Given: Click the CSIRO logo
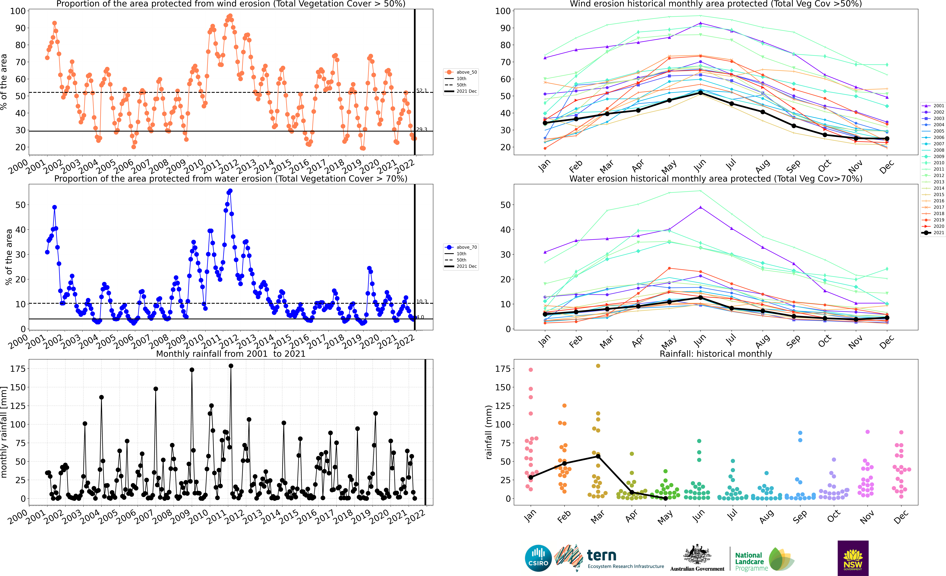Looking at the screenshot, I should (538, 558).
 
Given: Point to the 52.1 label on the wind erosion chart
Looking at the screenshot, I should (422, 91).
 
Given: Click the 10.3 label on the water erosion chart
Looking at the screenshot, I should (422, 301).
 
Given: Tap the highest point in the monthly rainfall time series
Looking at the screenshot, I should (231, 366).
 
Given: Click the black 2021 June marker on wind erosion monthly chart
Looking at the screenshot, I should (700, 93).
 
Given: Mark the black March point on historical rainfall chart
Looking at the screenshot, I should (598, 456).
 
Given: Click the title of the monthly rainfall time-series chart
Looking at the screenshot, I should (231, 354).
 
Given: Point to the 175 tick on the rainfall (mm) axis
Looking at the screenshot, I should (503, 369).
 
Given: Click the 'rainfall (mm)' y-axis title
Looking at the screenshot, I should (488, 432).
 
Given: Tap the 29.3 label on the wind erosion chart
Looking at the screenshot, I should (422, 129).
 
